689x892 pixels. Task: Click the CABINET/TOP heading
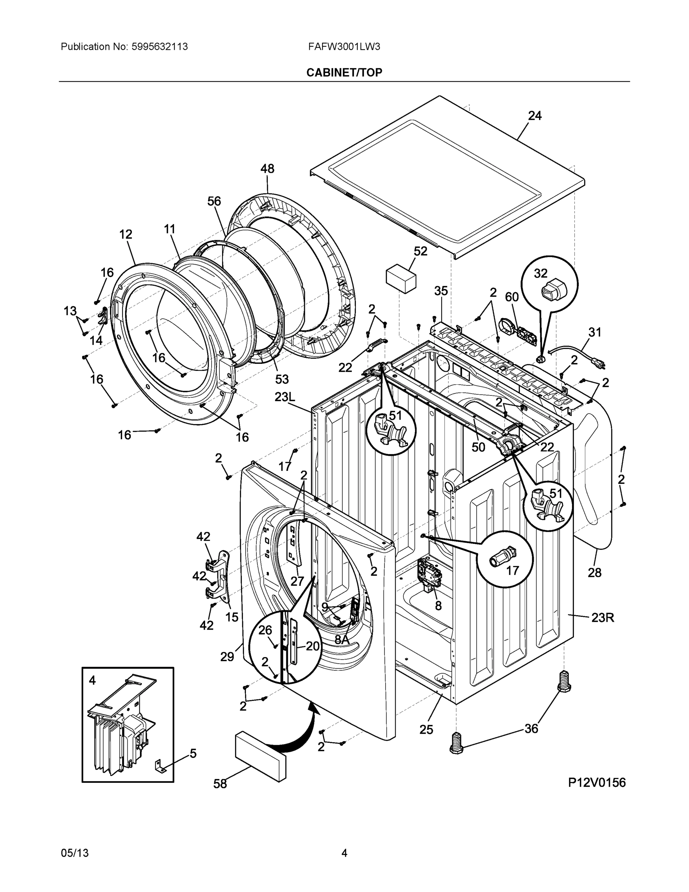[344, 72]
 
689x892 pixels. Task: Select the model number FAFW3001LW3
[344, 46]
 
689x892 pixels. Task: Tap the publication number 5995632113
[159, 46]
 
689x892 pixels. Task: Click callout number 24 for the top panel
[535, 116]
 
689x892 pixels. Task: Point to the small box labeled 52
[401, 278]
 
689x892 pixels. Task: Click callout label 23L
[285, 397]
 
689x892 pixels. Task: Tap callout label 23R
[602, 618]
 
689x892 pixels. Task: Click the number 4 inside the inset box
[92, 681]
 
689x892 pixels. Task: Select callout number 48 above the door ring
[267, 169]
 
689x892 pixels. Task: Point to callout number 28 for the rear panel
[594, 573]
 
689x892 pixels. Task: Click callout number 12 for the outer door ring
[126, 235]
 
